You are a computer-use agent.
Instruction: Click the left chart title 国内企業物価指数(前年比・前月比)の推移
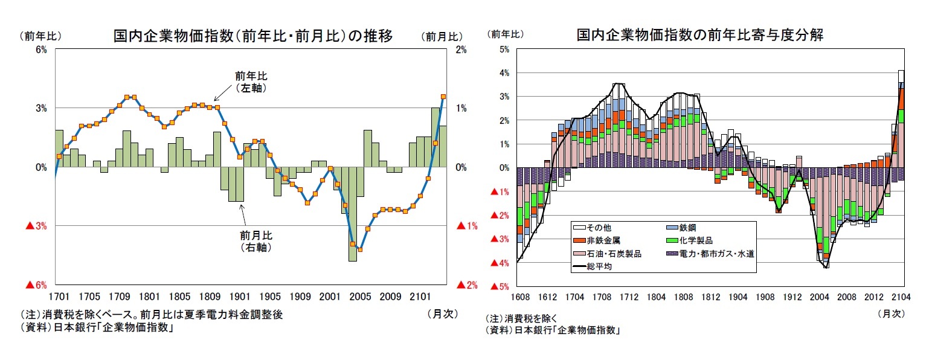tap(253, 36)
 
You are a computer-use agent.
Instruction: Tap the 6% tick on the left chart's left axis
tap(41, 50)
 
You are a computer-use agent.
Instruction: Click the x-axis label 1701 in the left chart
tap(59, 297)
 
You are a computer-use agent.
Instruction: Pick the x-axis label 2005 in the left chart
tap(360, 297)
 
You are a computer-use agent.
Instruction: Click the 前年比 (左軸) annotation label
tap(251, 82)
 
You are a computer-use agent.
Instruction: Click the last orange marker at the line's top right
tap(443, 97)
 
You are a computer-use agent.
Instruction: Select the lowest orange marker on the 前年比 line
tap(360, 249)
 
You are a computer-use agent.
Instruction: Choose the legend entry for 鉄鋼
tap(686, 228)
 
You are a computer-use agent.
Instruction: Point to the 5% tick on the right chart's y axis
tap(504, 50)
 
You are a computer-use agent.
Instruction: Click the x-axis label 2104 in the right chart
tap(901, 297)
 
